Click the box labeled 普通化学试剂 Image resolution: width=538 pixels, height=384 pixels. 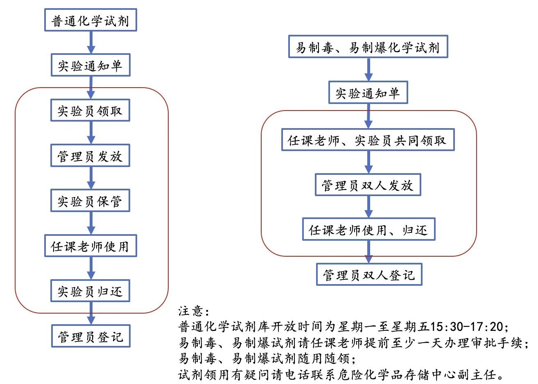point(90,20)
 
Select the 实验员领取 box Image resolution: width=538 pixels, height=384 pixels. point(90,110)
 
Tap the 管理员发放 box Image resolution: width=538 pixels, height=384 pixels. point(90,156)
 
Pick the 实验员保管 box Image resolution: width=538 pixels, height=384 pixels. point(90,201)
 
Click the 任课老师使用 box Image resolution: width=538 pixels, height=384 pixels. point(90,246)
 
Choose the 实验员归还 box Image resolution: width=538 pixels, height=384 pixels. point(90,291)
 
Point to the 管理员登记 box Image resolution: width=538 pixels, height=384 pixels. point(91,336)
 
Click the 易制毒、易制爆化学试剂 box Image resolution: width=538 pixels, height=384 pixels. point(368,47)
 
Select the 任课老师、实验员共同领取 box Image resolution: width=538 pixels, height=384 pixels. point(368,140)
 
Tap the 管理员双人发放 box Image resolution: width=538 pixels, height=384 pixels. point(368,185)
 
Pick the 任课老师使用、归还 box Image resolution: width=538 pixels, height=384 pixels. point(368,229)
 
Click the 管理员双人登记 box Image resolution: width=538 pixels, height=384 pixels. point(369,274)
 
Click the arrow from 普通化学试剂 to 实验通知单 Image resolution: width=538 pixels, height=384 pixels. point(91,43)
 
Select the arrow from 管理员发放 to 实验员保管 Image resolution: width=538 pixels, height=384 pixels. point(91,178)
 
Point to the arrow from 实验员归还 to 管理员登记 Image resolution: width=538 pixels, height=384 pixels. point(91,314)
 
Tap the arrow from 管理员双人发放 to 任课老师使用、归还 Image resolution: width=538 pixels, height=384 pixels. point(368,207)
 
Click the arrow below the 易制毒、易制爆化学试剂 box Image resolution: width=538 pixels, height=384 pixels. point(368,70)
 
